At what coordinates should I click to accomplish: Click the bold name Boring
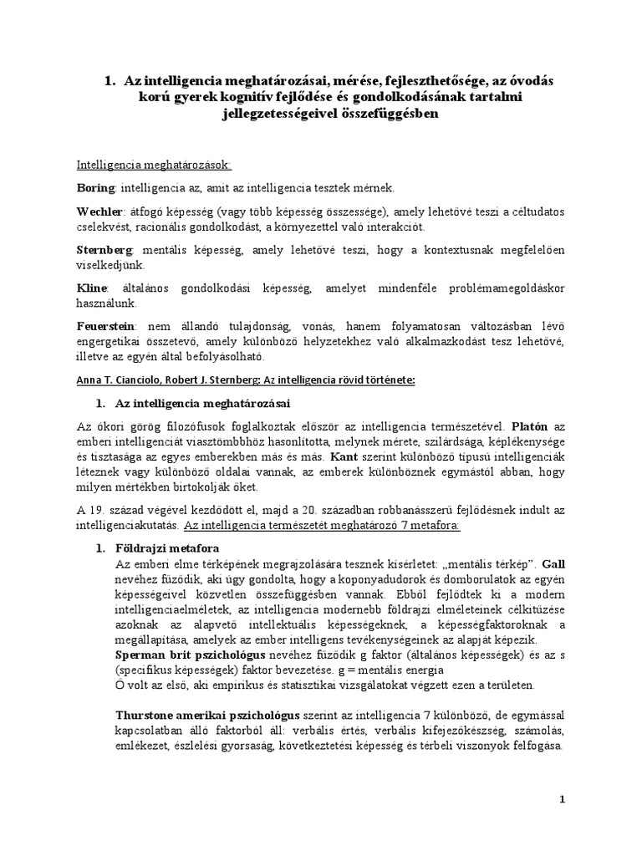pos(94,188)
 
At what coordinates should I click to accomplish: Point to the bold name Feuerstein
pos(104,327)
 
